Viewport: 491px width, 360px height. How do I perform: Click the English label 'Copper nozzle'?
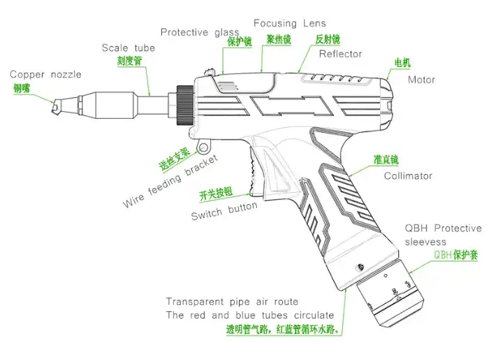[45, 74]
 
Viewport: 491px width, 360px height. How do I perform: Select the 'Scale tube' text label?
[128, 48]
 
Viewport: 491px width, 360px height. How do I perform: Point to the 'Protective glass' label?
[200, 32]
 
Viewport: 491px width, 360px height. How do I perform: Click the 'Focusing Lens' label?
[289, 23]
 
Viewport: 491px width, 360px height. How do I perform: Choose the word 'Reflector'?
[340, 54]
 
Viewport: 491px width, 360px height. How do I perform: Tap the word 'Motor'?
[421, 80]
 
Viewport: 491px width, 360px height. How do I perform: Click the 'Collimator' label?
[408, 176]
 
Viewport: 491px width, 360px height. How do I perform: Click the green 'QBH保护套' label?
[455, 256]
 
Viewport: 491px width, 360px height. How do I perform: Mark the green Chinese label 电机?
[403, 64]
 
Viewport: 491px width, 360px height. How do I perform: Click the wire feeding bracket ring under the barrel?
[204, 147]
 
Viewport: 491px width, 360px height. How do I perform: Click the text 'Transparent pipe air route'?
[224, 302]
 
